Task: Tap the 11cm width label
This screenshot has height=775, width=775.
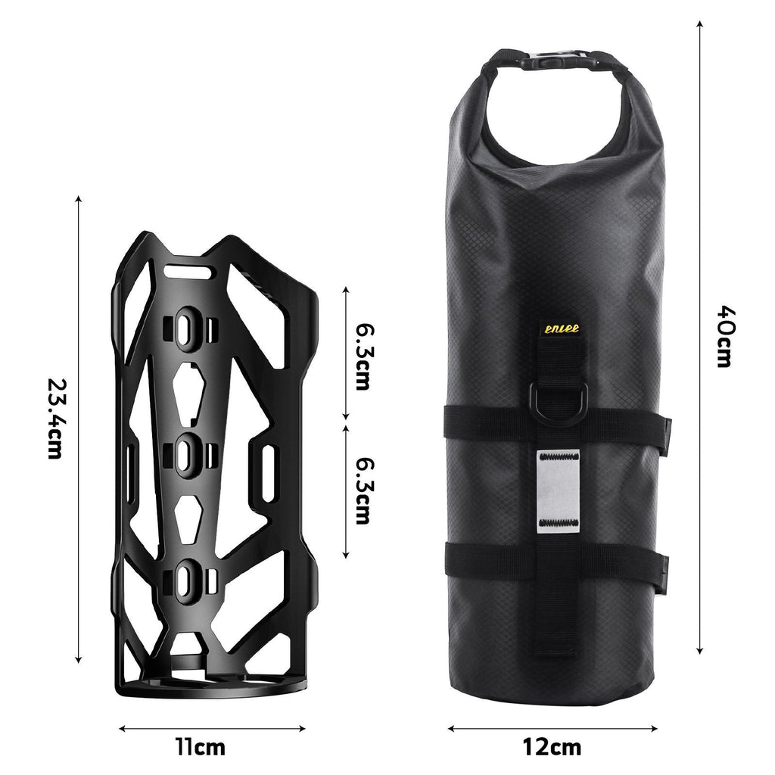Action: point(201,746)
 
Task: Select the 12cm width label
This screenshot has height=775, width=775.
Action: point(552,746)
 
